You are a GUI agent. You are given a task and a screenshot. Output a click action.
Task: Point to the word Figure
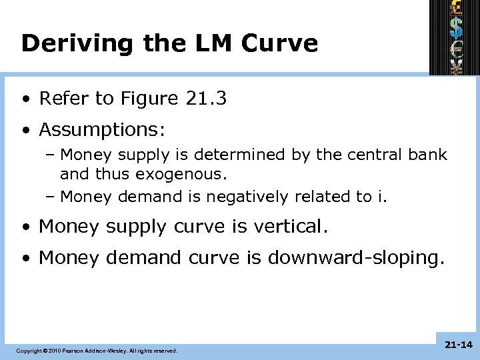click(x=150, y=99)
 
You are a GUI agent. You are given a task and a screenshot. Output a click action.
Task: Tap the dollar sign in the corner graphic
click(x=457, y=27)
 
